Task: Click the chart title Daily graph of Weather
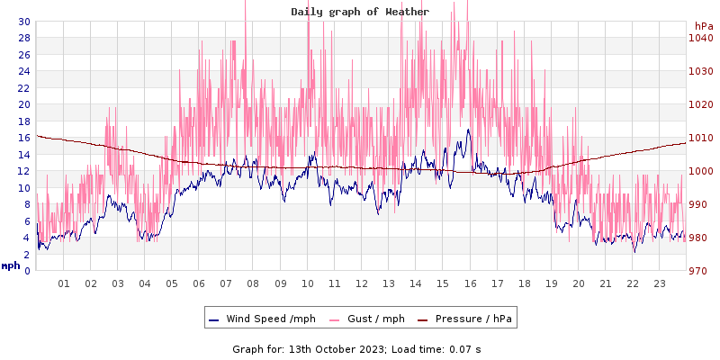[x=360, y=12]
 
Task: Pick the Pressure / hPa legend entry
[x=473, y=319]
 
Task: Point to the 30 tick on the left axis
[x=23, y=22]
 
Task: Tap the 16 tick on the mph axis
[x=23, y=138]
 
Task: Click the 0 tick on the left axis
[x=26, y=271]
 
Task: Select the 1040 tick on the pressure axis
[x=700, y=38]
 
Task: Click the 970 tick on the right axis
[x=700, y=271]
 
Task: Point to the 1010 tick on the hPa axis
[x=700, y=138]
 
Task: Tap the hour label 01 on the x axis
[x=64, y=283]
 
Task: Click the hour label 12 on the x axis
[x=362, y=283]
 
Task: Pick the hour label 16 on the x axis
[x=470, y=283]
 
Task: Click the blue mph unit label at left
[x=10, y=265]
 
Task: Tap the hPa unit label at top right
[x=704, y=26]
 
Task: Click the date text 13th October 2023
[x=336, y=348]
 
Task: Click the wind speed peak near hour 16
[x=468, y=130]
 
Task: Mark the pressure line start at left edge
[x=37, y=136]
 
